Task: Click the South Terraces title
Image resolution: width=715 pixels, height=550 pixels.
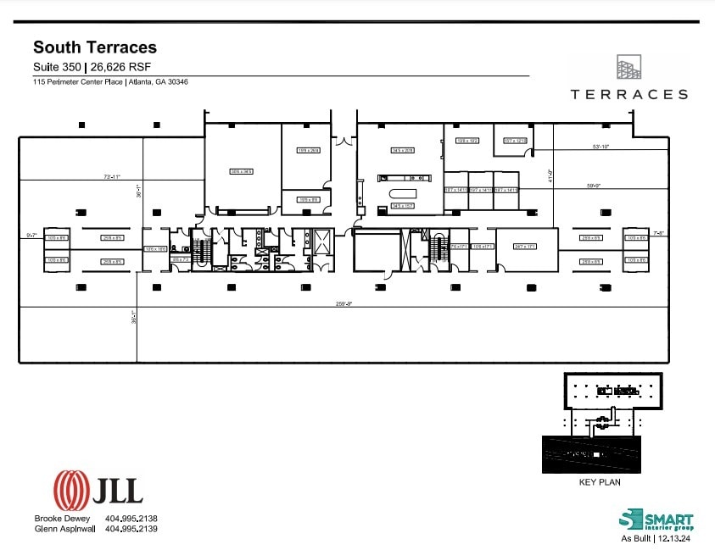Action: click(x=94, y=48)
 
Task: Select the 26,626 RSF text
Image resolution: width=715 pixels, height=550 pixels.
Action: click(x=119, y=68)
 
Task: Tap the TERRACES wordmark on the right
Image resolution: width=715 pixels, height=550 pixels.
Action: click(x=628, y=94)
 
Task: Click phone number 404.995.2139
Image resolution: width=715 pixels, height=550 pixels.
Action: click(x=131, y=528)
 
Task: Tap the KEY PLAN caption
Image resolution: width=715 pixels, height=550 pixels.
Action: click(x=599, y=482)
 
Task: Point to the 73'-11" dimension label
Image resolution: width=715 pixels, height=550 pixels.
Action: click(x=112, y=177)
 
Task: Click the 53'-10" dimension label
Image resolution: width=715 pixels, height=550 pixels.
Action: click(x=600, y=147)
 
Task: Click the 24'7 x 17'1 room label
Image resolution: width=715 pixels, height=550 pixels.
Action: click(x=526, y=246)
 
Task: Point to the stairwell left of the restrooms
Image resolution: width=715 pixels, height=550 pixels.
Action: click(x=204, y=250)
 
